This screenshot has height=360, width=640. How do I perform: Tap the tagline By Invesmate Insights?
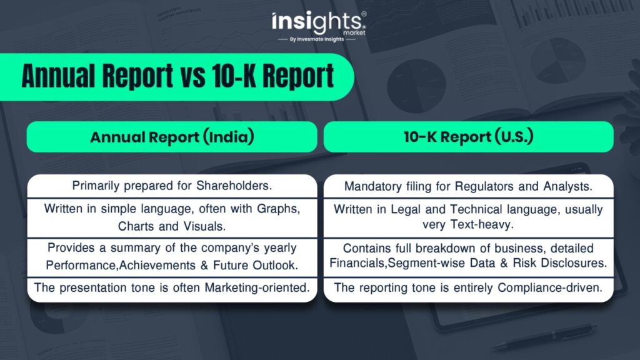point(317,39)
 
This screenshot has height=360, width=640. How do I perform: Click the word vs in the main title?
point(192,76)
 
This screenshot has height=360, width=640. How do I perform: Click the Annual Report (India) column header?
point(172,137)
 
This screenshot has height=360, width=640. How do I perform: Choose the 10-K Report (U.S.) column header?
point(469,137)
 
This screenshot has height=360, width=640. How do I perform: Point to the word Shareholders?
point(234,186)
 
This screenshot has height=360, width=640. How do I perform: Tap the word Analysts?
point(567,186)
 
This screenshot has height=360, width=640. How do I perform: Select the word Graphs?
point(278,209)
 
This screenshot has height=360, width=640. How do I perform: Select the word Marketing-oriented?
point(257,287)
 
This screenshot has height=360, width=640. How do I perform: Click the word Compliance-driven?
point(550,287)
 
